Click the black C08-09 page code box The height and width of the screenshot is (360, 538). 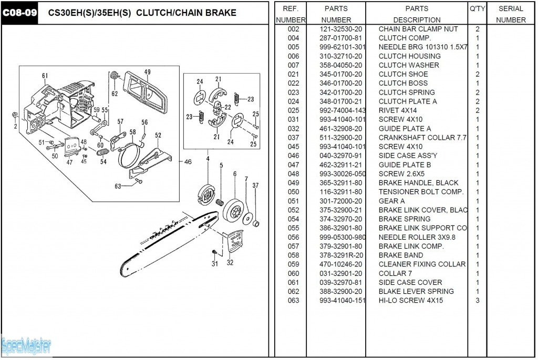tap(19, 13)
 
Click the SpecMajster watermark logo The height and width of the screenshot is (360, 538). tap(26, 346)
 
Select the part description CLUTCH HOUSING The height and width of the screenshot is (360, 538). tap(410, 56)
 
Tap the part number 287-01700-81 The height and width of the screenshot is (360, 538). tap(340, 38)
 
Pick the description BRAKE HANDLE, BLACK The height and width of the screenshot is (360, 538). tap(419, 183)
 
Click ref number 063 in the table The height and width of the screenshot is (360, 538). tap(293, 301)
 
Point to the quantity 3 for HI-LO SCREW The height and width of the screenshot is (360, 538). tap(477, 301)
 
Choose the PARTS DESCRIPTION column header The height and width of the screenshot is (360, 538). tap(417, 14)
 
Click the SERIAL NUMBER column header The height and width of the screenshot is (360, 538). tap(511, 14)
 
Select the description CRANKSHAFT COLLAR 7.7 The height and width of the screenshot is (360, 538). tap(422, 138)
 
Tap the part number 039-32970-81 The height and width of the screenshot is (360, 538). tap(340, 282)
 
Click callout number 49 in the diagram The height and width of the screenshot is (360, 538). tap(147, 72)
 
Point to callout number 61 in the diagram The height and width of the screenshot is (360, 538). tap(45, 76)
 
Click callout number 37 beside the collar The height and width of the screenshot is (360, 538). tap(256, 186)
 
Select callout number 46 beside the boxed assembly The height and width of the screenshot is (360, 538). tap(188, 162)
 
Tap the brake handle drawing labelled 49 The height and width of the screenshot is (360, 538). tap(146, 92)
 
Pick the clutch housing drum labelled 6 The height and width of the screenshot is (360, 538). tap(235, 209)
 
